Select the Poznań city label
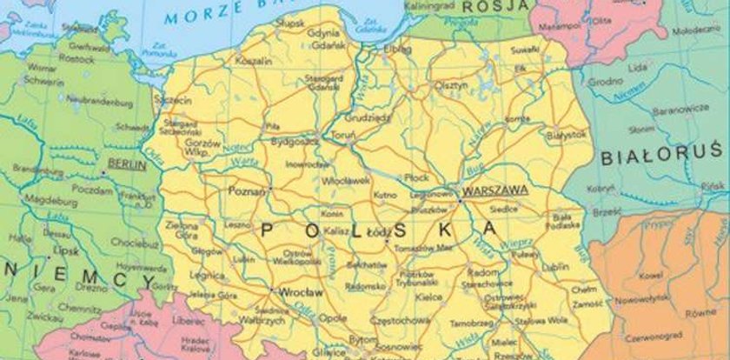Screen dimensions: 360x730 247,188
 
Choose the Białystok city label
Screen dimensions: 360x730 567,134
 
